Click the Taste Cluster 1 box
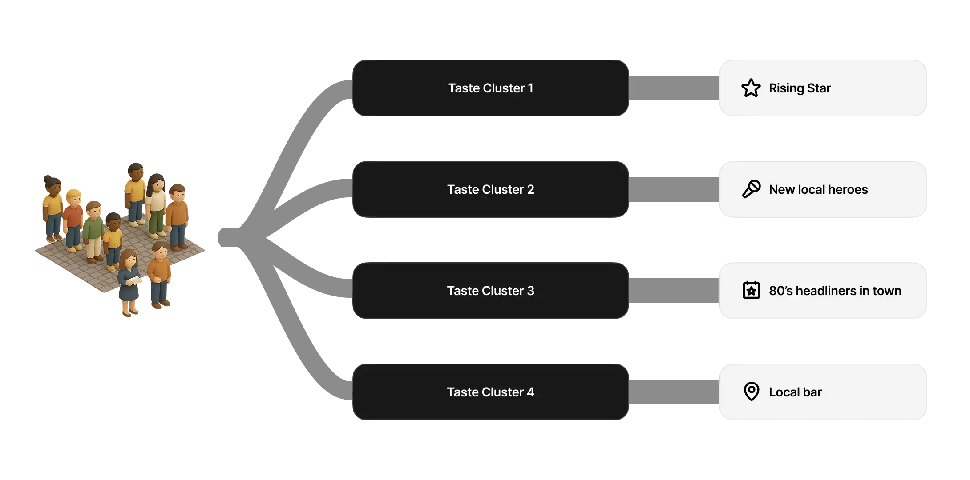tap(490, 88)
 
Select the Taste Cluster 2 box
tap(490, 189)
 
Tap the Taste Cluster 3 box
tap(490, 291)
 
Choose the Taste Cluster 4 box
tap(490, 392)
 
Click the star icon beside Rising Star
tap(751, 88)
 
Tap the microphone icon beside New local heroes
tap(751, 189)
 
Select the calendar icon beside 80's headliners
tap(751, 291)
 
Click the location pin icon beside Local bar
tap(751, 392)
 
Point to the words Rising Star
tap(800, 88)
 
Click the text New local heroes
tap(818, 189)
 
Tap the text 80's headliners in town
tap(835, 291)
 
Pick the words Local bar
tap(795, 392)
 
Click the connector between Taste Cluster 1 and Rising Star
tap(674, 88)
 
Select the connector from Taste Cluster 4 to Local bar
tap(674, 391)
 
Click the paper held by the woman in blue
tap(135, 280)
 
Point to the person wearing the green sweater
tap(93, 229)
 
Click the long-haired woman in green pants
tap(156, 202)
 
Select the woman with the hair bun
tap(52, 204)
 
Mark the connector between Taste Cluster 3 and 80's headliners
tap(674, 291)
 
